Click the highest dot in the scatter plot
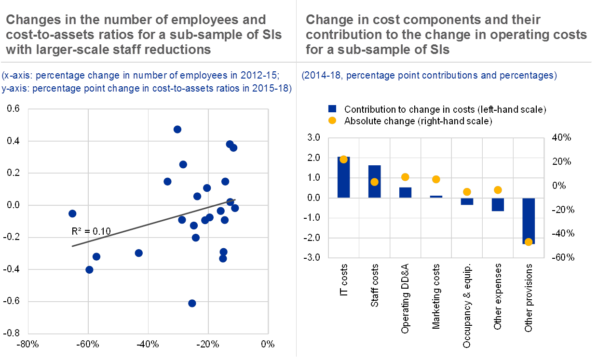[177, 129]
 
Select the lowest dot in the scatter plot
[192, 303]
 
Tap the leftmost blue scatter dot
[72, 213]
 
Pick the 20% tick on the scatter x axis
[208, 344]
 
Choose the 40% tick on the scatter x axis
[149, 344]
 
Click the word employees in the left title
[205, 20]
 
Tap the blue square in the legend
[332, 109]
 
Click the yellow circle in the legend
[332, 121]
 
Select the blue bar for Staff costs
[374, 181]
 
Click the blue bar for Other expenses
[498, 205]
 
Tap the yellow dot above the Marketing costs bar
[436, 179]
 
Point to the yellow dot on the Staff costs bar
[374, 182]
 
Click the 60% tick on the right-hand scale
[562, 257]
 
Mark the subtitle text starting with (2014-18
[429, 76]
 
